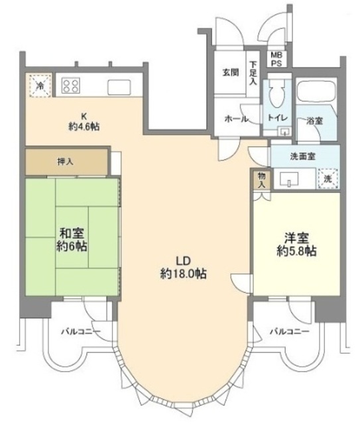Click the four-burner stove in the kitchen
click(x=71, y=85)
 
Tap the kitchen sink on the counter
click(x=119, y=87)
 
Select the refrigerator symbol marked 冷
click(x=40, y=85)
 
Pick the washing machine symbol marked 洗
click(x=328, y=178)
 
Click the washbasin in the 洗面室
click(x=289, y=180)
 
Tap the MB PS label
click(x=276, y=59)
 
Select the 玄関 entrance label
click(x=231, y=72)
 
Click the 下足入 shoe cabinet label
click(x=253, y=74)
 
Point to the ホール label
click(x=236, y=119)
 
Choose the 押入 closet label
click(x=65, y=162)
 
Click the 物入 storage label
click(x=261, y=180)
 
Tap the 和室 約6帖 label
click(x=72, y=239)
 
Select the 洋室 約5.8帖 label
click(x=296, y=244)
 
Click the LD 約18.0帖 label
click(x=184, y=268)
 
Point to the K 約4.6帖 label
click(x=84, y=122)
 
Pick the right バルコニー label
click(x=290, y=331)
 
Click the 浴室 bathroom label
click(x=314, y=121)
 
